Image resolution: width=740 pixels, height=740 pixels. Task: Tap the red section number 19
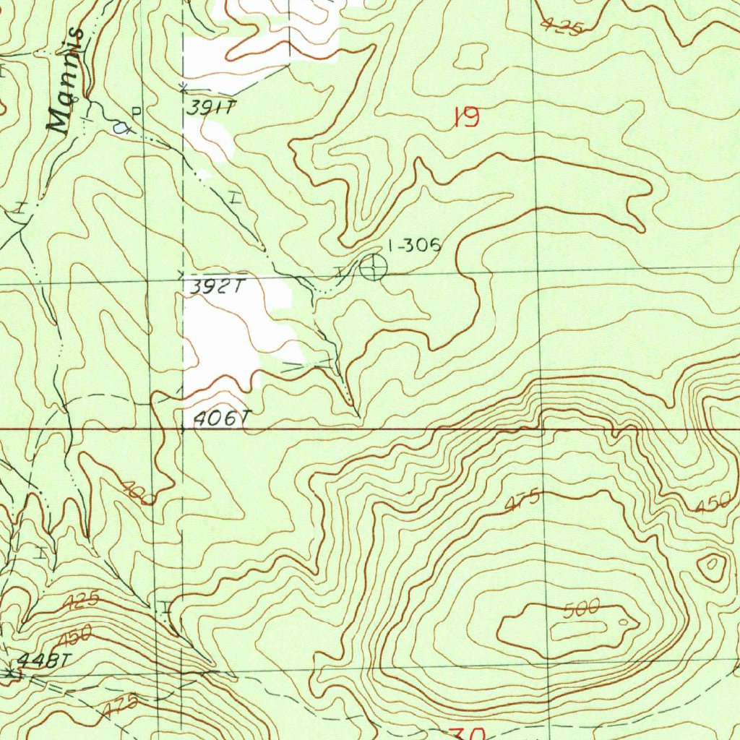[x=466, y=117]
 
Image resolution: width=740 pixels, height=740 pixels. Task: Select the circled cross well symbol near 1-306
[x=373, y=267]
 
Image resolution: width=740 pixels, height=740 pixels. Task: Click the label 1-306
[x=414, y=246]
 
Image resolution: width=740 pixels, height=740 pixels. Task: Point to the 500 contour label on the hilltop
[x=582, y=609]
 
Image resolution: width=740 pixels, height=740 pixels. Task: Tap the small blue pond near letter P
[x=121, y=129]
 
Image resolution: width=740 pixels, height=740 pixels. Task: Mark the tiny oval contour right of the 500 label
[x=624, y=621]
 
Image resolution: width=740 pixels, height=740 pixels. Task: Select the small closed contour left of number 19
[x=472, y=56]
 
